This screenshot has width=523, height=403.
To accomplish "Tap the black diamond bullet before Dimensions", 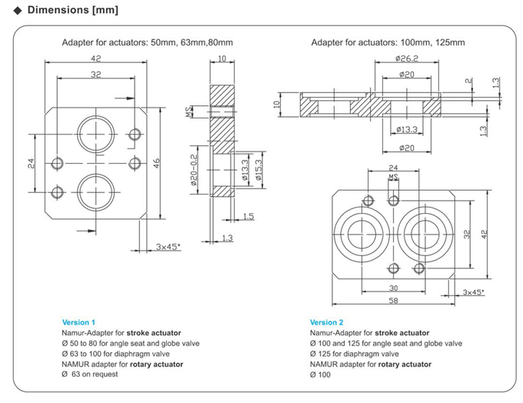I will (18, 12).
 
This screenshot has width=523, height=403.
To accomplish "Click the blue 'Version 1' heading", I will (78, 322).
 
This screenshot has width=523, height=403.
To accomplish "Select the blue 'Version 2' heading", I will (327, 322).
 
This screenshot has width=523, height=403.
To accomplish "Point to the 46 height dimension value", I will (157, 162).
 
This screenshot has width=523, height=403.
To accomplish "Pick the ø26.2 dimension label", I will (406, 58).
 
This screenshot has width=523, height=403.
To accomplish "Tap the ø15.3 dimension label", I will (258, 167).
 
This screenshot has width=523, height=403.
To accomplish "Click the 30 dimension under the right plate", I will (394, 289).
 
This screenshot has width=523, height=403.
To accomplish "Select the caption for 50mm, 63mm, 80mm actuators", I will (147, 42).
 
